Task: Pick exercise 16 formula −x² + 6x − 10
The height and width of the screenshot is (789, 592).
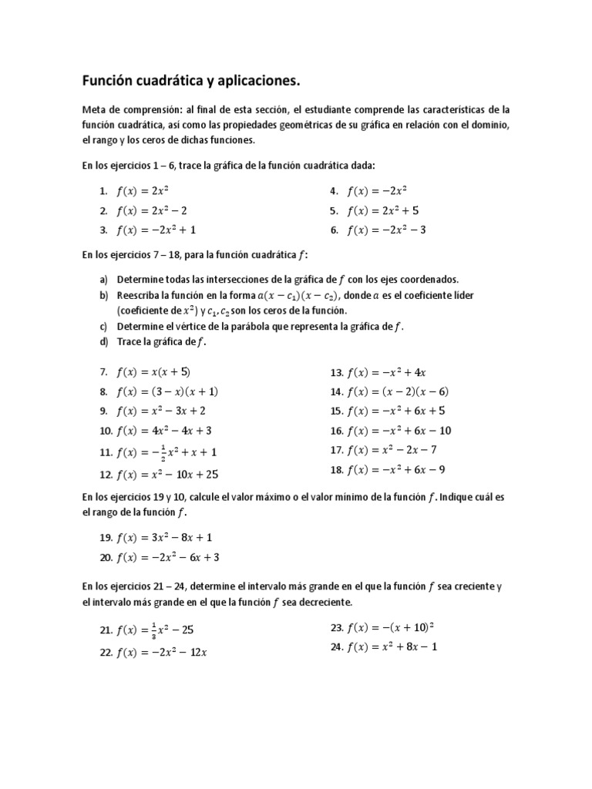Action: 403,431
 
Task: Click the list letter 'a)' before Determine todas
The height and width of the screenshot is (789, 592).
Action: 103,280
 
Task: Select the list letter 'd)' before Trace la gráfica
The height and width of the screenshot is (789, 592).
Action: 103,341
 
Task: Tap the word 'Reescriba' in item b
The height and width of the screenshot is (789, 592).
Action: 140,295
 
